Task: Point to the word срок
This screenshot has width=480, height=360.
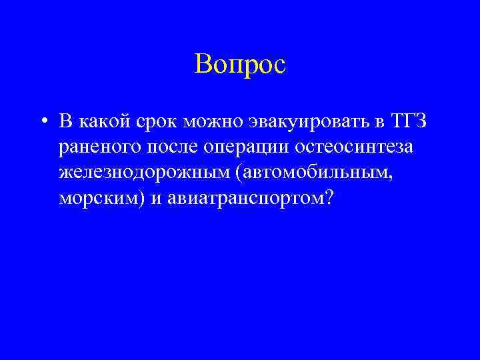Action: (x=157, y=123)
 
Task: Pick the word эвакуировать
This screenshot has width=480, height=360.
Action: (x=303, y=123)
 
